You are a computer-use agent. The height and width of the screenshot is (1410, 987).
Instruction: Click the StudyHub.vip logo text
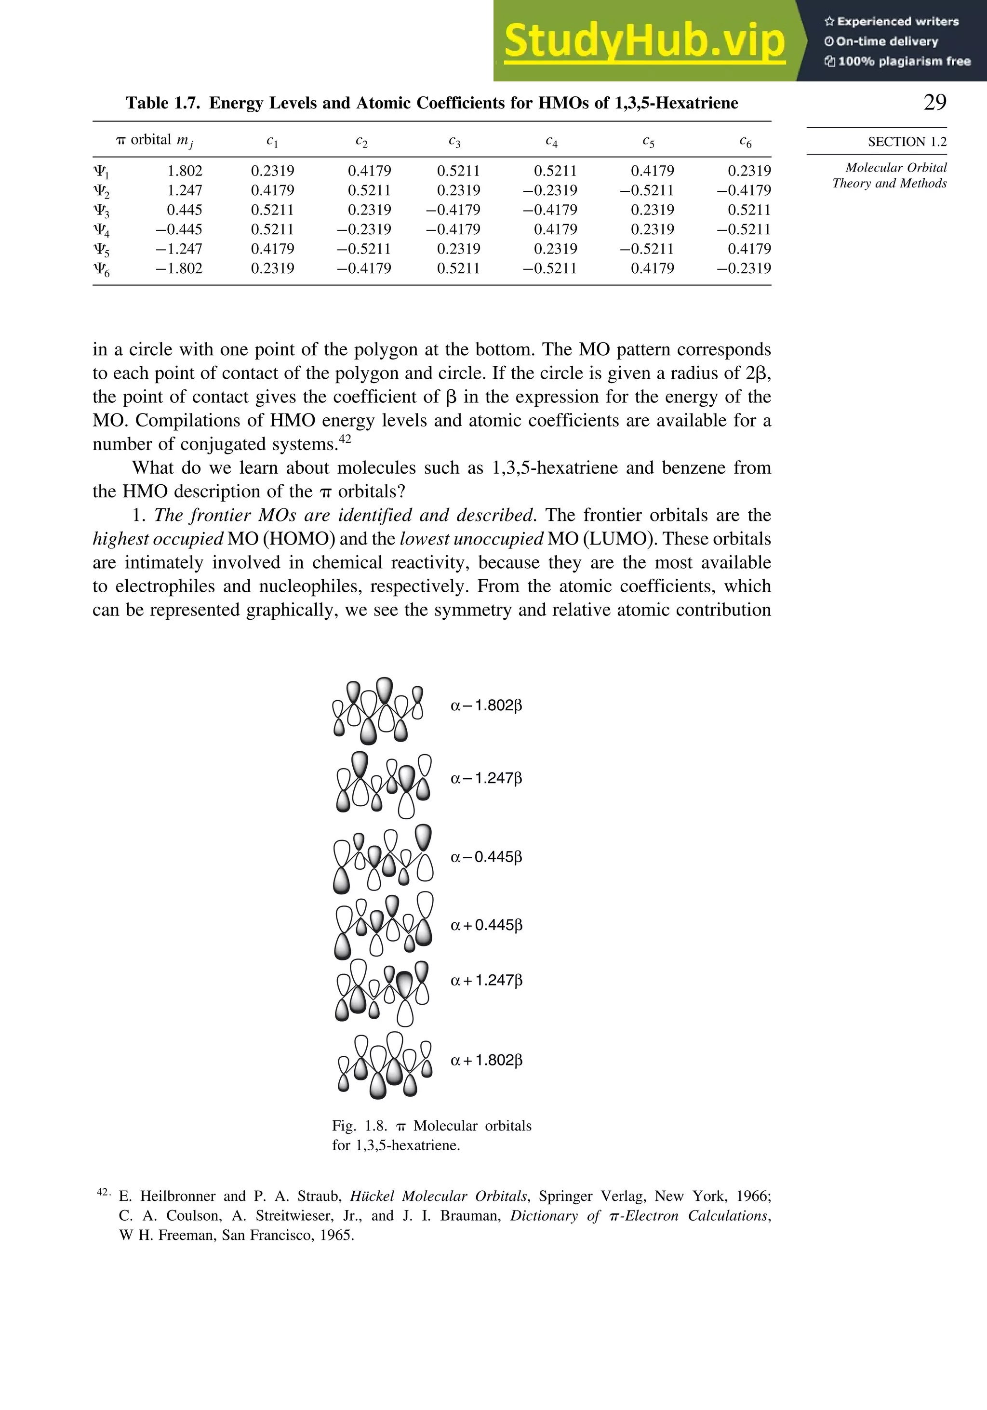(x=644, y=42)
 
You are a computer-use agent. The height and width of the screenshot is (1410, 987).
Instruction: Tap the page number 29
(x=935, y=103)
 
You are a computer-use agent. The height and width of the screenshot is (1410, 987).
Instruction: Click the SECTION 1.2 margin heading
(x=907, y=142)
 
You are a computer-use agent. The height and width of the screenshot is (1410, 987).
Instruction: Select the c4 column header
(x=551, y=142)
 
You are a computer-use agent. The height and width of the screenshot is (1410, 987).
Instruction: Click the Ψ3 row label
(x=101, y=211)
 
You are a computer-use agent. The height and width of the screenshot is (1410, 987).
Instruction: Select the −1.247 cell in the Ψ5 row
(x=179, y=249)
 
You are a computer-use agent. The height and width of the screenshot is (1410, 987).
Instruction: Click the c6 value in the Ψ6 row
(x=743, y=268)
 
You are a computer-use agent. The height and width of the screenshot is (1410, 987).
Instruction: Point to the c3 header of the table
(x=454, y=142)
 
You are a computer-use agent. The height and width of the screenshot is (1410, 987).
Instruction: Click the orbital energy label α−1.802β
(x=486, y=705)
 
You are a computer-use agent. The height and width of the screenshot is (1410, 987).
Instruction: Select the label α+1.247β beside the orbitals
(x=486, y=980)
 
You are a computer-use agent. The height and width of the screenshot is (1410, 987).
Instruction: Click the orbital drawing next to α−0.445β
(x=383, y=859)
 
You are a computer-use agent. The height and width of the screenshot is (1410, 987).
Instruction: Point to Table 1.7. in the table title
(x=163, y=103)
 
